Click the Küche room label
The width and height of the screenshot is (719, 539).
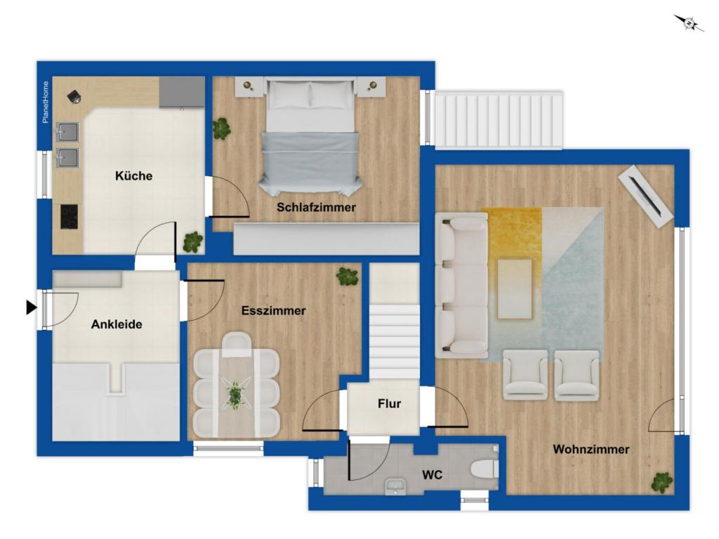pyautogui.click(x=133, y=175)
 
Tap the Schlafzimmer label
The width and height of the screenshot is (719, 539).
pyautogui.click(x=316, y=207)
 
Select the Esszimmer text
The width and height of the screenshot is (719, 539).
pyautogui.click(x=273, y=311)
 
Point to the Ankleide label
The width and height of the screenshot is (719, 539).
pyautogui.click(x=117, y=324)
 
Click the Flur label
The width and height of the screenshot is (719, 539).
pyautogui.click(x=389, y=404)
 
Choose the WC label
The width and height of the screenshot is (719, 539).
pyautogui.click(x=432, y=475)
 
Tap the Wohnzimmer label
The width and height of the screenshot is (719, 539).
pyautogui.click(x=591, y=449)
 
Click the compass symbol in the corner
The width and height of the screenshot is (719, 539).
pyautogui.click(x=689, y=22)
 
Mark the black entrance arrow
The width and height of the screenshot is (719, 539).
pyautogui.click(x=31, y=307)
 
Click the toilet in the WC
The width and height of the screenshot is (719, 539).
pyautogui.click(x=484, y=469)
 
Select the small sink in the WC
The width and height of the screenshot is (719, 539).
pyautogui.click(x=395, y=486)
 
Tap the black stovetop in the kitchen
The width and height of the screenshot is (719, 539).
pyautogui.click(x=70, y=217)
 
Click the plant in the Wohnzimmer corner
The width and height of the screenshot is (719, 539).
pyautogui.click(x=662, y=483)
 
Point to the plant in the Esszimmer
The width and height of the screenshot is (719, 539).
pyautogui.click(x=347, y=277)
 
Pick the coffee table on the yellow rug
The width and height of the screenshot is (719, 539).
pyautogui.click(x=515, y=288)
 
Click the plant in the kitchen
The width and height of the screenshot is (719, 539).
pyautogui.click(x=193, y=242)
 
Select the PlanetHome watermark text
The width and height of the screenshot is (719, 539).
pyautogui.click(x=46, y=102)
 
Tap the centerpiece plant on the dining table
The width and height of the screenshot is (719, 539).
pyautogui.click(x=235, y=394)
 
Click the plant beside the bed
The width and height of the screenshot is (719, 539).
pyautogui.click(x=221, y=128)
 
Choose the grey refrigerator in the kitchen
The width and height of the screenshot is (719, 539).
pyautogui.click(x=182, y=92)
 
